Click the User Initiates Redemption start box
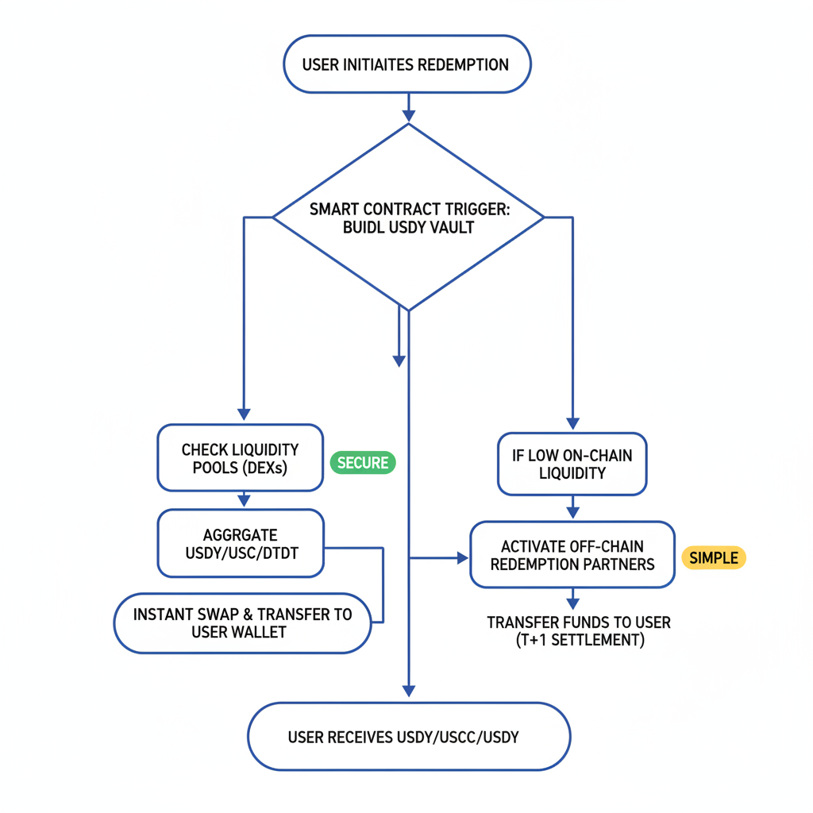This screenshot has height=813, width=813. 406,64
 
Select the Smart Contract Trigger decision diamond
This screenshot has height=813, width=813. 408,216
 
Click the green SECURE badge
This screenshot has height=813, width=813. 362,463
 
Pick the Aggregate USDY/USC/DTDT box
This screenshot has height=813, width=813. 241,544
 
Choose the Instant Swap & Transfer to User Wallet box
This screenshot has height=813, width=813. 242,623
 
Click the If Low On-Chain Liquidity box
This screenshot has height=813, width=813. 572,464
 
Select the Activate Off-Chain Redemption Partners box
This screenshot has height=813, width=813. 572,556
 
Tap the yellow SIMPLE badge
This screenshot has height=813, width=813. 713,558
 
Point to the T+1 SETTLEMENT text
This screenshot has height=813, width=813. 579,640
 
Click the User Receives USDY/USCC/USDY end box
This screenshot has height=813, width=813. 409,738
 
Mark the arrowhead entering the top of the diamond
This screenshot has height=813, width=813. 408,116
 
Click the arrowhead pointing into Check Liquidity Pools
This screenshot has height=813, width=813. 244,414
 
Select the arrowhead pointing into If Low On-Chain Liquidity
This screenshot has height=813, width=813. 572,423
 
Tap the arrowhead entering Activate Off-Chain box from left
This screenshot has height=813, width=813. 463,559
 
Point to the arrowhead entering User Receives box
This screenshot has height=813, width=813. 409,690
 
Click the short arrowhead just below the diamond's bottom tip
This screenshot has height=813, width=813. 399,361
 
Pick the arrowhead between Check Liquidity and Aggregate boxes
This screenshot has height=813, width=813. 244,501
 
